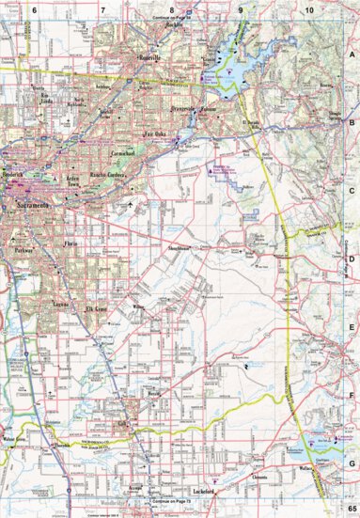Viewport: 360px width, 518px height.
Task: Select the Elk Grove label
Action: click(x=99, y=308)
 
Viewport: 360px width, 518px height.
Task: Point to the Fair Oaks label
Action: click(x=153, y=134)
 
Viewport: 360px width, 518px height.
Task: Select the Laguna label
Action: click(x=58, y=306)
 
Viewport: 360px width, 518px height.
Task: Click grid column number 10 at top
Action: click(x=308, y=8)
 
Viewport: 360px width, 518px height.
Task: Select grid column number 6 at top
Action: click(x=33, y=8)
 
